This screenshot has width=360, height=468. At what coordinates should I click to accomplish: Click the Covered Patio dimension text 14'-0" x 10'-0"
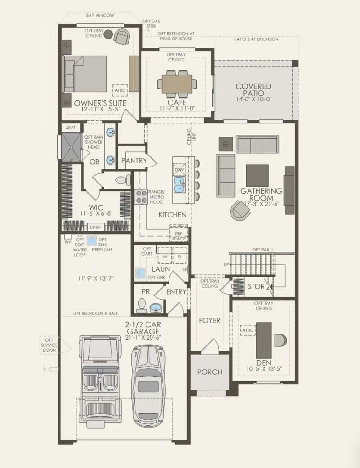[253, 99]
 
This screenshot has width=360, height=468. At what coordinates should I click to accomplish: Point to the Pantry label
[134, 161]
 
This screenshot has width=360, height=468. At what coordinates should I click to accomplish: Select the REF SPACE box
[179, 236]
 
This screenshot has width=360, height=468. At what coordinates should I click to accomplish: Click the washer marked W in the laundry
[164, 256]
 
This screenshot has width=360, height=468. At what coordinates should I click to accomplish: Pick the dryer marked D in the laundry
[180, 256]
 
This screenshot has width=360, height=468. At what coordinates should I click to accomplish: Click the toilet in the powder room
[142, 305]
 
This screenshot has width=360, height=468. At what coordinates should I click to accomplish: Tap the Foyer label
[209, 320]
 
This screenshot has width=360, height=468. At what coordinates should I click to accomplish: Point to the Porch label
[209, 372]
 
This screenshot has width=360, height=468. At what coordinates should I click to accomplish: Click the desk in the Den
[264, 340]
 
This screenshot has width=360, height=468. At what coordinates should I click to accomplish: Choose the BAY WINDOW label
[100, 15]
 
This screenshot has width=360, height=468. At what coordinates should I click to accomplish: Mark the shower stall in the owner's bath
[71, 146]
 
